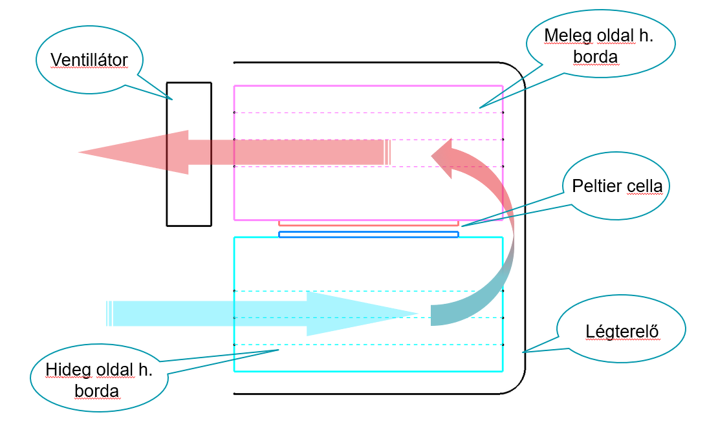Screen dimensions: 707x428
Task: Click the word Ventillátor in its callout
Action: [89, 59]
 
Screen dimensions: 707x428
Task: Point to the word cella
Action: [645, 186]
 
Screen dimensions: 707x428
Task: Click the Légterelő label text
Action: [622, 331]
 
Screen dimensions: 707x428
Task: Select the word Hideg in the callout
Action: [67, 370]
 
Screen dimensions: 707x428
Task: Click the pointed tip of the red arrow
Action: [79, 153]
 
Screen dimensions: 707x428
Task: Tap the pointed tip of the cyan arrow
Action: [419, 314]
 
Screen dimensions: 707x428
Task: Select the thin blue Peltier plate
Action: [369, 234]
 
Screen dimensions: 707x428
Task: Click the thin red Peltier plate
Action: [369, 223]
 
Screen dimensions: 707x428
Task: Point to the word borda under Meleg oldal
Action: [595, 57]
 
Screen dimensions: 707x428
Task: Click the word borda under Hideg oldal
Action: [96, 391]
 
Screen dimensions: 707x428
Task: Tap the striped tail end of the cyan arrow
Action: [109, 314]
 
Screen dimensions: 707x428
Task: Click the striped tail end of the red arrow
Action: [387, 153]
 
